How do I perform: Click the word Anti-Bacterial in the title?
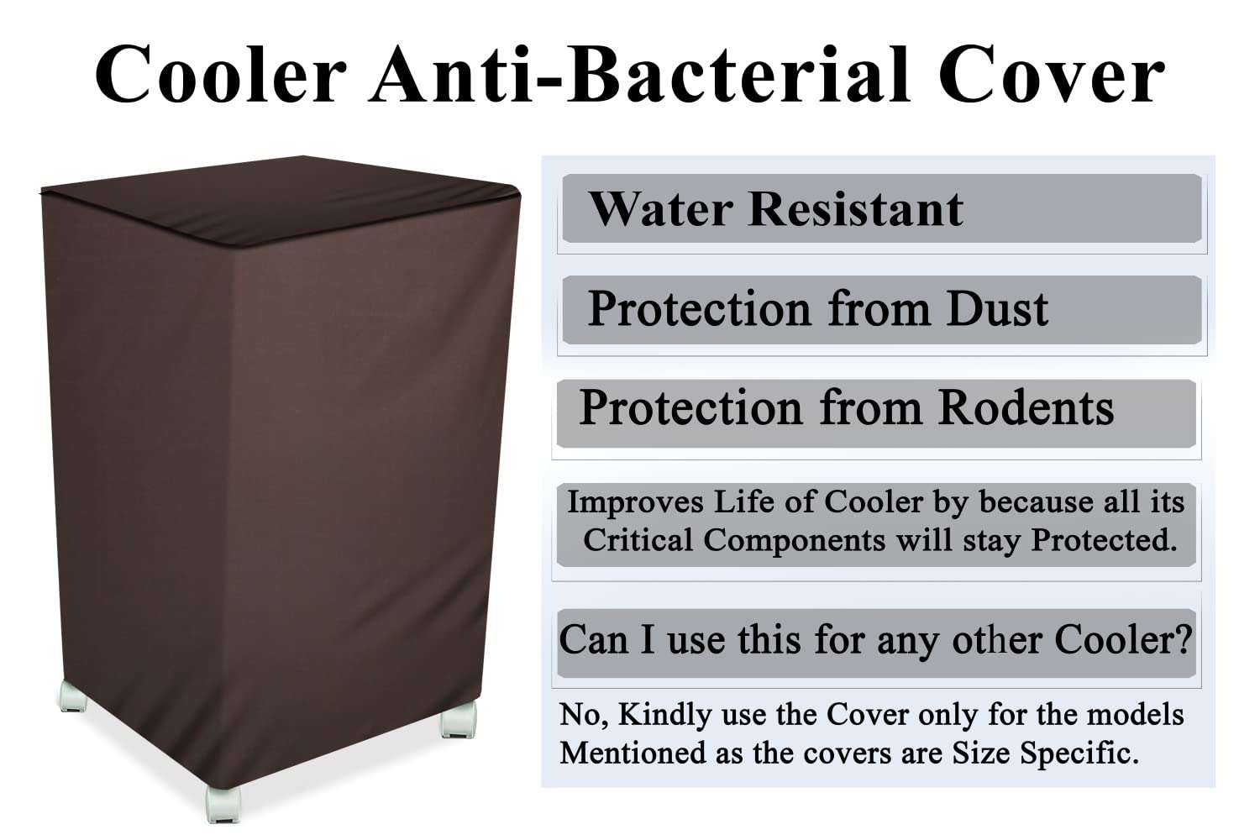tap(639, 76)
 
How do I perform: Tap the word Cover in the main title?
tap(1052, 76)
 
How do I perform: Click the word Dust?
tap(997, 308)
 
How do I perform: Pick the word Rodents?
tap(1026, 408)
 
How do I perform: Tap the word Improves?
tap(635, 502)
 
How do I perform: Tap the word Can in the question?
tap(593, 640)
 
